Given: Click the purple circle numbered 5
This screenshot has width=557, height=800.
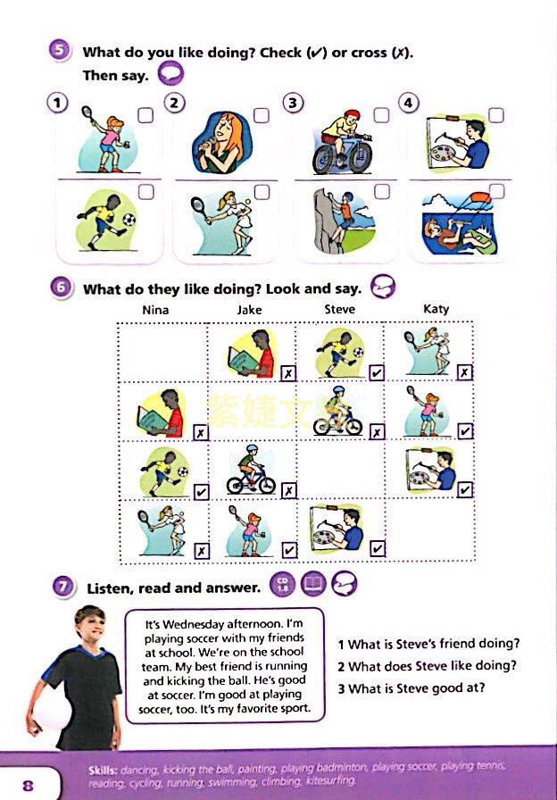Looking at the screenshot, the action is [60, 51].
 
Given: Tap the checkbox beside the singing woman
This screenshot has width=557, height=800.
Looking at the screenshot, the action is [262, 115].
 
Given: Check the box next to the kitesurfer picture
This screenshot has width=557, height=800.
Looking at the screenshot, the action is [497, 191].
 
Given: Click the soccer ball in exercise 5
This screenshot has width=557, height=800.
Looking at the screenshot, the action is [129, 220].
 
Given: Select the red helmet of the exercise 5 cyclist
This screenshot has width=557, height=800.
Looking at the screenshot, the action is [352, 113].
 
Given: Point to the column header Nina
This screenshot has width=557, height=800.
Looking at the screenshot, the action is [155, 310].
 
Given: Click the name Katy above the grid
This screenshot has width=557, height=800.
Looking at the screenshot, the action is [436, 309].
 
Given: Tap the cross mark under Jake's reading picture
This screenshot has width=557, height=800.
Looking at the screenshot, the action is [288, 373].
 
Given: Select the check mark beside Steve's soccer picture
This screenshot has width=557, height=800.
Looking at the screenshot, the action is [377, 373].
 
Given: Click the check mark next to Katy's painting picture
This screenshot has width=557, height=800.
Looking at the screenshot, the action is [465, 490].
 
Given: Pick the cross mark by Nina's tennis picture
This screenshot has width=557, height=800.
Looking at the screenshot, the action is [202, 551].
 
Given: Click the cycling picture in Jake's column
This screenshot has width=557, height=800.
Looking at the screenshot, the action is [251, 470].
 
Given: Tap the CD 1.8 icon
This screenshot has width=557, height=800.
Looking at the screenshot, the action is [283, 584].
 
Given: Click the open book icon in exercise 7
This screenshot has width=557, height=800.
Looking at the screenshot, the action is [313, 584].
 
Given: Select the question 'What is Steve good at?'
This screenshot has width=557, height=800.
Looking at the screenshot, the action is [412, 688].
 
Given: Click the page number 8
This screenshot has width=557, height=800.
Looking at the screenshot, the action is [28, 785].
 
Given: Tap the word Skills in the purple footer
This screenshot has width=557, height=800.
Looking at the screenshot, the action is [103, 770].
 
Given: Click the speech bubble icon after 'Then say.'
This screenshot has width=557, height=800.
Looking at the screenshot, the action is [170, 73].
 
